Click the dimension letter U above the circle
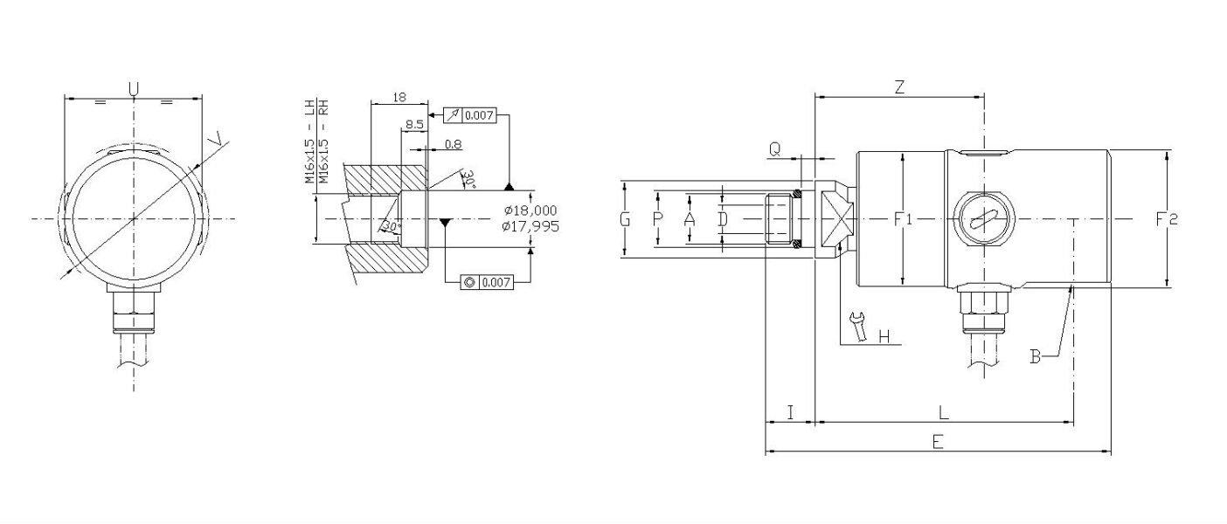[134, 88]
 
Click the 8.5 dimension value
[414, 125]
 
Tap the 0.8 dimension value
[453, 143]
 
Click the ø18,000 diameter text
[531, 210]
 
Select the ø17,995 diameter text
[531, 226]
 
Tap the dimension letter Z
[898, 86]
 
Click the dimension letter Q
[774, 149]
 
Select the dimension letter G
[625, 219]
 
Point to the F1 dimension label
[903, 219]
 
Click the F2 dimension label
[1167, 219]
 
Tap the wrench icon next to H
[859, 327]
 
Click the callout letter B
[1035, 356]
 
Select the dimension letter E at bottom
[937, 442]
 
